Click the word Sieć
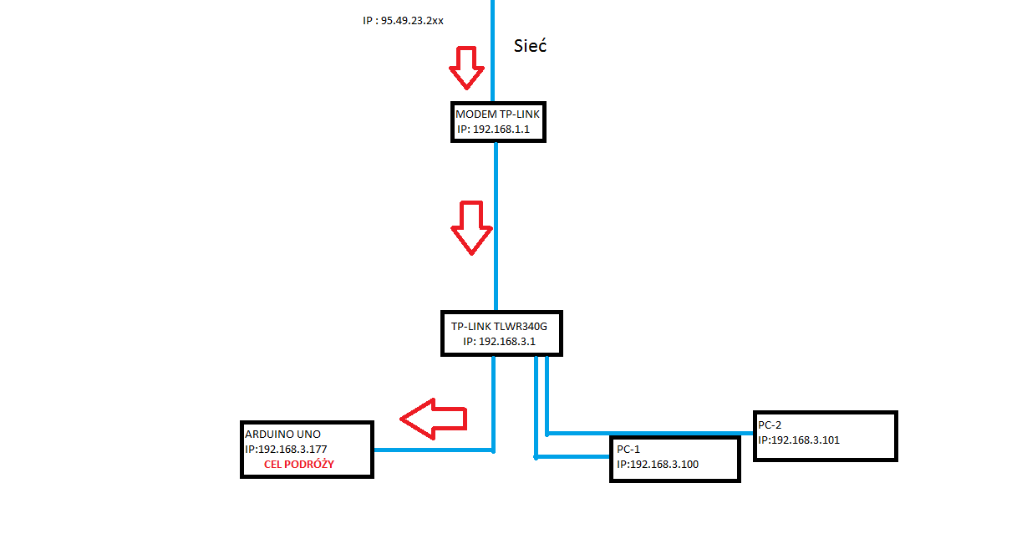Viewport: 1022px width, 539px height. tap(530, 46)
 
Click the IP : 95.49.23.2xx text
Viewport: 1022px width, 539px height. tap(403, 19)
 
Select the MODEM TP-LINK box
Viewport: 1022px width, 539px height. tap(498, 121)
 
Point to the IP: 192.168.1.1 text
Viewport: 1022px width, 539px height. tap(493, 130)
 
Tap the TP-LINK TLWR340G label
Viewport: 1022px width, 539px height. tap(499, 327)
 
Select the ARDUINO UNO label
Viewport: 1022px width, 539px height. tap(282, 435)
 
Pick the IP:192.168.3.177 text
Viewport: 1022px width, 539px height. tap(285, 449)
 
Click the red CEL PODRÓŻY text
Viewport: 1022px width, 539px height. tap(299, 464)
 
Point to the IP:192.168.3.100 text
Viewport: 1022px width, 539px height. tap(656, 464)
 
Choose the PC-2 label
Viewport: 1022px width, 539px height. tap(770, 425)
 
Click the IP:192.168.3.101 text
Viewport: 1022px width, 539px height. tap(799, 440)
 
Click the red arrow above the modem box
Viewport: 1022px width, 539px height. tap(466, 67)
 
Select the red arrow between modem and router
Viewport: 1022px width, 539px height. tap(471, 226)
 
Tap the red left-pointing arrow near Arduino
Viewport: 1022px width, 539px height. tap(433, 417)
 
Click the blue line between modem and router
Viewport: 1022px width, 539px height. tap(496, 226)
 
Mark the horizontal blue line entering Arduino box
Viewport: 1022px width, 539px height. tap(432, 450)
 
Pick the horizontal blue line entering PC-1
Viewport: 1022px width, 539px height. tap(572, 457)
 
